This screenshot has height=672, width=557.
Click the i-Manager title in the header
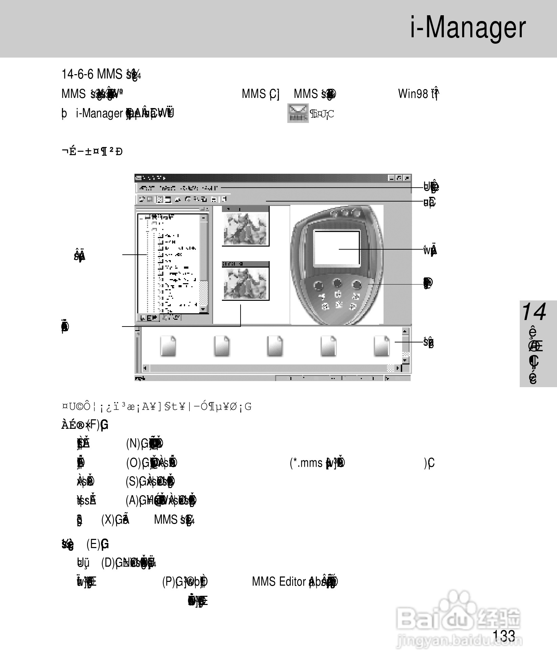468,28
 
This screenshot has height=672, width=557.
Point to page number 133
504,636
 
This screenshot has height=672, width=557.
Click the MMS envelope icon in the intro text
298,113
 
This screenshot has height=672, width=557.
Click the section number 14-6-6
77,74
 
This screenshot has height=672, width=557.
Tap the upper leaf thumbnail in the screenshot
246,228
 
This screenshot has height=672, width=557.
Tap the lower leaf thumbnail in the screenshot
246,283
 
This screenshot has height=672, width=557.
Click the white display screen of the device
337,248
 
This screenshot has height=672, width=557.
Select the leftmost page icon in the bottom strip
168,346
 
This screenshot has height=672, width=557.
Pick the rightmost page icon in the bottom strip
381,346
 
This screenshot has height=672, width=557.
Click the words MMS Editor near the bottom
279,582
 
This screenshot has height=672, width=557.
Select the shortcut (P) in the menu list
169,582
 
